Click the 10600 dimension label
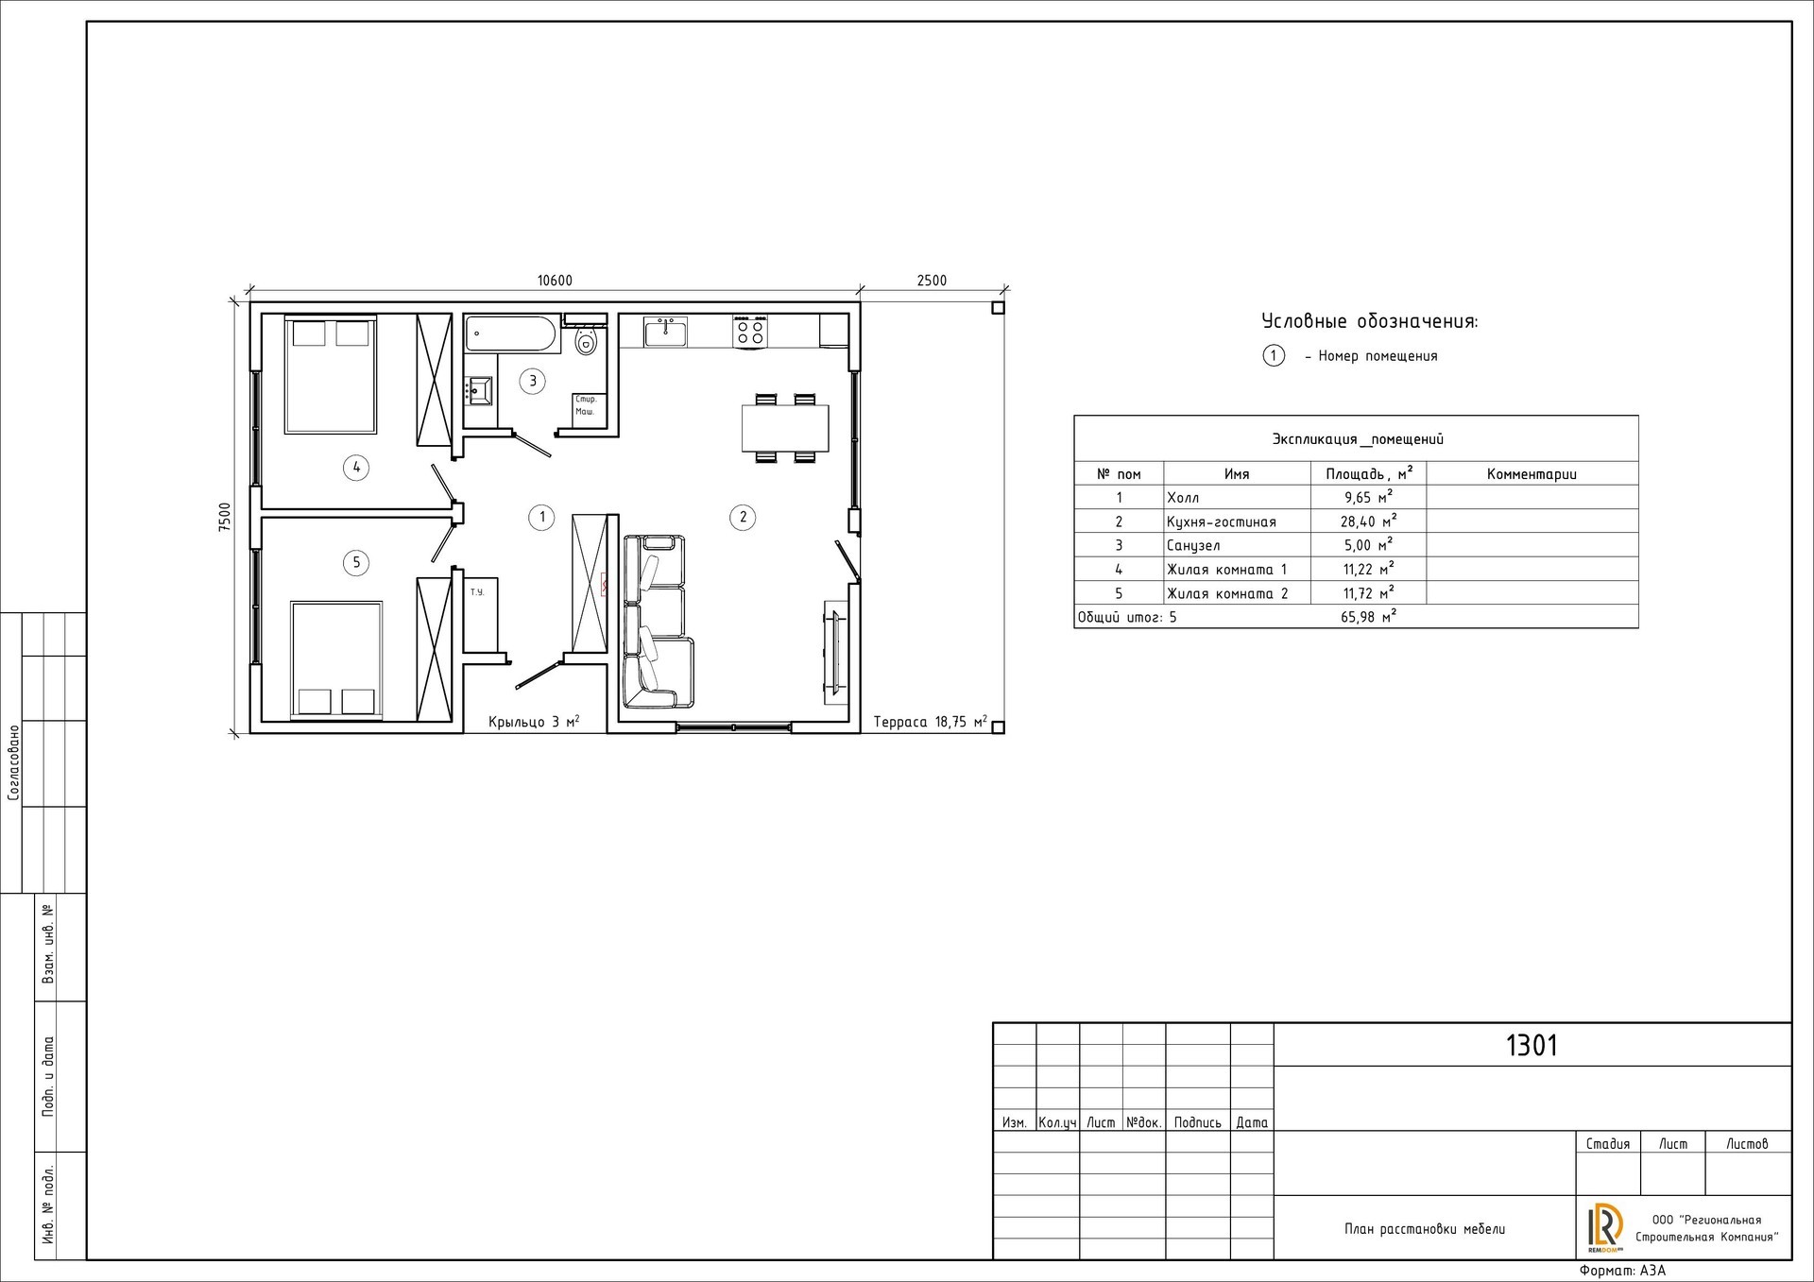coord(555,281)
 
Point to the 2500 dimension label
coord(932,281)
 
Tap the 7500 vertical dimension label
coord(224,518)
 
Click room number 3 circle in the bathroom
coord(533,381)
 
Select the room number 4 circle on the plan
coord(356,467)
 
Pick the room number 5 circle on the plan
coord(356,563)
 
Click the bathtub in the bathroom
coord(511,333)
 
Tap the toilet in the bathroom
coord(587,339)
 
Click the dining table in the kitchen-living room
coord(785,428)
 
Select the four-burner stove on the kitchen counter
coord(750,332)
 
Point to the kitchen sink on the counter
coord(666,332)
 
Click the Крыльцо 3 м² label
coord(534,722)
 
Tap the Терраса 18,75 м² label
coord(931,722)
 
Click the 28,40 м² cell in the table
coord(1368,521)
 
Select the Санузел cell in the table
coord(1193,546)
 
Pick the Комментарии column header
coord(1532,474)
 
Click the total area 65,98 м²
coord(1368,618)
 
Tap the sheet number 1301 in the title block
coord(1532,1046)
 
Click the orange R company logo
coord(1605,1227)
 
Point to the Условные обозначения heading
coord(1370,321)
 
